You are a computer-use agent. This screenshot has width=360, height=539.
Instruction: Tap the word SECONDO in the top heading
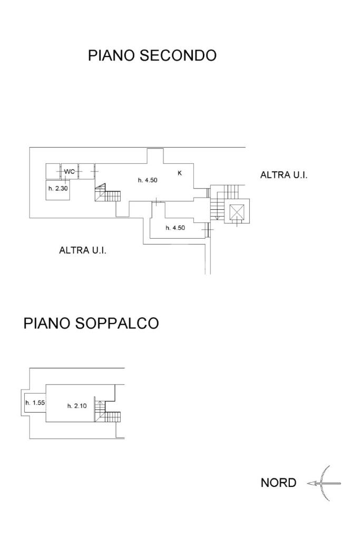tap(178, 55)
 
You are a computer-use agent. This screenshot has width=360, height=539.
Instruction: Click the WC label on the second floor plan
tap(70, 171)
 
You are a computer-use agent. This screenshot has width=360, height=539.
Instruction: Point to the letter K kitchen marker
tap(180, 173)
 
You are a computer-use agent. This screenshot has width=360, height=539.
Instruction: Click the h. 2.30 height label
tap(58, 189)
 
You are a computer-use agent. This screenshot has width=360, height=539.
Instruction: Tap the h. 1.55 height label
tap(35, 403)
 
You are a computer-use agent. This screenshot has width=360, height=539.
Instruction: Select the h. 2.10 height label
tap(76, 406)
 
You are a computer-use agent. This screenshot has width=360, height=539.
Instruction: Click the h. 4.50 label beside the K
tap(148, 180)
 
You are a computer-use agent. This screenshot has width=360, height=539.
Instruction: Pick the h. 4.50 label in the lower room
tap(175, 228)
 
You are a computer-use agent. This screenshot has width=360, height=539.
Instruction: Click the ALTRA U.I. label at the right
tap(284, 175)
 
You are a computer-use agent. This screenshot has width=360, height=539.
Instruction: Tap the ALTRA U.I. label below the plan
tap(83, 250)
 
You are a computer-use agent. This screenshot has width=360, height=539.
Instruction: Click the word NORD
tap(278, 483)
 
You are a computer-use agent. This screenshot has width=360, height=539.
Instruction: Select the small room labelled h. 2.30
tap(58, 189)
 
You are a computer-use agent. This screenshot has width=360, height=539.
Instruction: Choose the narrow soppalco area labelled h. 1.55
tap(35, 403)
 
